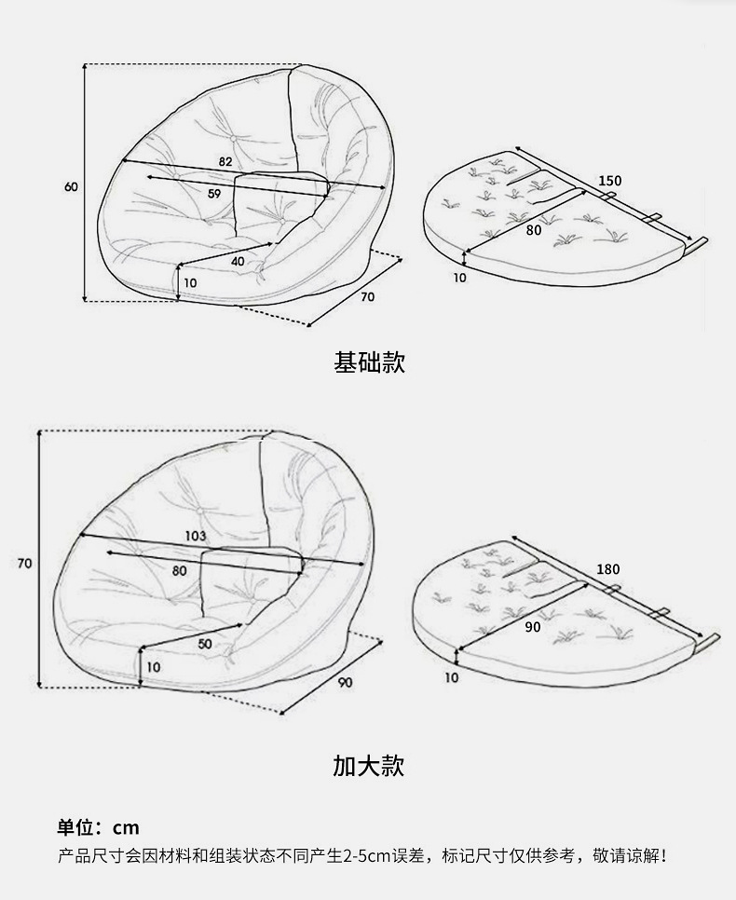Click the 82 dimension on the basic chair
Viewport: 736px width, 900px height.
click(225, 161)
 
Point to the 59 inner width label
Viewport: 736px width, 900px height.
click(214, 194)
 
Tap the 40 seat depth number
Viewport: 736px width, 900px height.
click(238, 261)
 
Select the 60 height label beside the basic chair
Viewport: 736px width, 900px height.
click(71, 186)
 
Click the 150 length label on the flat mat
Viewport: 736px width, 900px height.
click(610, 180)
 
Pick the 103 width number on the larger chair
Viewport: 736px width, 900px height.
click(196, 536)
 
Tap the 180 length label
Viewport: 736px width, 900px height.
click(607, 569)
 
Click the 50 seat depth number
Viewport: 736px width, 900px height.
click(205, 643)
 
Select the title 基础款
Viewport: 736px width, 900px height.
click(369, 362)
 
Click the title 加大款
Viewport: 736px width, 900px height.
click(369, 766)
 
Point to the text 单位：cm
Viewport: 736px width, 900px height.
click(98, 827)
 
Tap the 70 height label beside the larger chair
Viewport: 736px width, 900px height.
click(25, 563)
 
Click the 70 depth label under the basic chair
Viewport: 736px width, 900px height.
click(367, 297)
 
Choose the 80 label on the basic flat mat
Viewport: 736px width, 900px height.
click(534, 229)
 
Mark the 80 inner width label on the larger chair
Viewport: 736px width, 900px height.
click(179, 570)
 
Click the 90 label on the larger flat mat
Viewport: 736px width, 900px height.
click(533, 627)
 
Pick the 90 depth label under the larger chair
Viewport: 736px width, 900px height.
click(346, 683)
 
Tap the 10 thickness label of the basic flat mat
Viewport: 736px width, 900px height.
click(459, 277)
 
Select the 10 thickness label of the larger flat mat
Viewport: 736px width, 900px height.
click(452, 677)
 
